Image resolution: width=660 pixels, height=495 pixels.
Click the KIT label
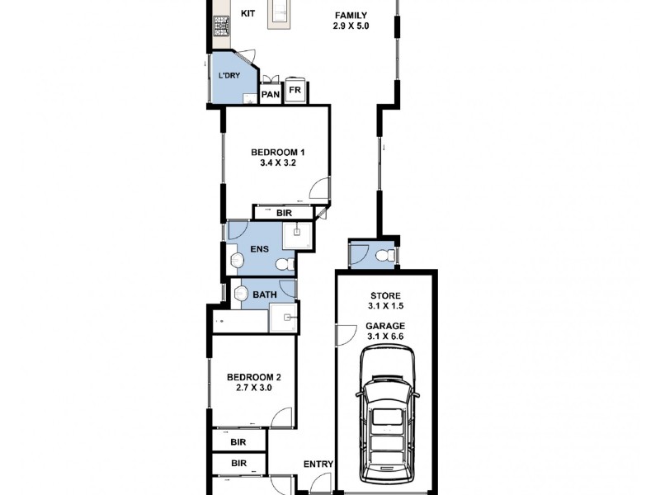(247, 14)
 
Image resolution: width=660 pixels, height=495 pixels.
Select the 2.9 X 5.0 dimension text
(351, 27)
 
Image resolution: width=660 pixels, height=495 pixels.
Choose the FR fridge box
(295, 89)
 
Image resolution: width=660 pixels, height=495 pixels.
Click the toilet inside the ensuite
(285, 264)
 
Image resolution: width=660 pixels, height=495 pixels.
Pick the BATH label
(264, 295)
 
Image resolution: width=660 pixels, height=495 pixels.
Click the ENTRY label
(318, 464)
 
